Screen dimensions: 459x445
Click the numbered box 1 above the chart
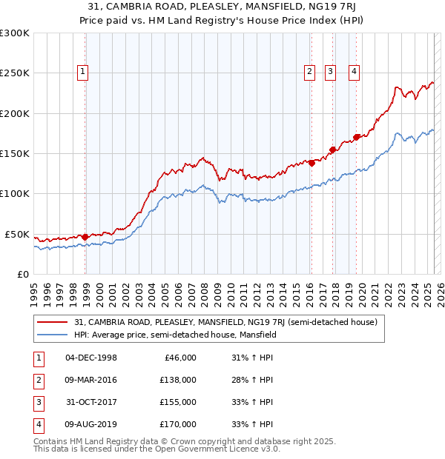(x=82, y=72)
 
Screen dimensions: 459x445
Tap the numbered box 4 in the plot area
(x=355, y=72)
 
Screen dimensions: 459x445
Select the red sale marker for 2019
(x=357, y=136)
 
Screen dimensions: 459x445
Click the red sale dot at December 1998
(x=85, y=237)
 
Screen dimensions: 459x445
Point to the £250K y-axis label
(x=15, y=73)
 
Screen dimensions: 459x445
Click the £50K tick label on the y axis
(x=18, y=234)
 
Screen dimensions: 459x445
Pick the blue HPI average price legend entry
(x=174, y=335)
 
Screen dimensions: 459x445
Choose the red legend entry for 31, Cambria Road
(x=226, y=322)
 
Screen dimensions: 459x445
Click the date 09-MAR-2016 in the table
(x=91, y=380)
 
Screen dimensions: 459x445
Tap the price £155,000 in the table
(x=177, y=402)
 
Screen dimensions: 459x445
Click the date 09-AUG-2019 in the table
(x=91, y=424)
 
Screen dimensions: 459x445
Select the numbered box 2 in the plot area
(x=308, y=72)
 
